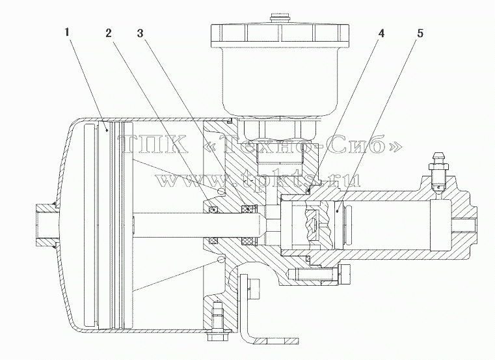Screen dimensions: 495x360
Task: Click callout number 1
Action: tap(66, 33)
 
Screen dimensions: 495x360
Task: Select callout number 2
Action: tap(109, 33)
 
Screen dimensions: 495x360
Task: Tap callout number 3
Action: tap(140, 33)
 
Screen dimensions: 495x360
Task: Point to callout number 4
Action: tap(382, 33)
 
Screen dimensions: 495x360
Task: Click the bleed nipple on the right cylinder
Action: tap(437, 173)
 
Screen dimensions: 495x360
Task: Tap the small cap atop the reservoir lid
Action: tap(280, 18)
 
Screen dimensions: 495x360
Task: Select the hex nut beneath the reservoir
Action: tap(280, 130)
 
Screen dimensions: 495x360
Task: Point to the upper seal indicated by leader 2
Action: tap(213, 209)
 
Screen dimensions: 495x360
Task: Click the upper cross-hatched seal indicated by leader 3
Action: tap(249, 208)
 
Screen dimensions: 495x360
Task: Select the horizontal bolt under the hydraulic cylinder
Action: tap(319, 273)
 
